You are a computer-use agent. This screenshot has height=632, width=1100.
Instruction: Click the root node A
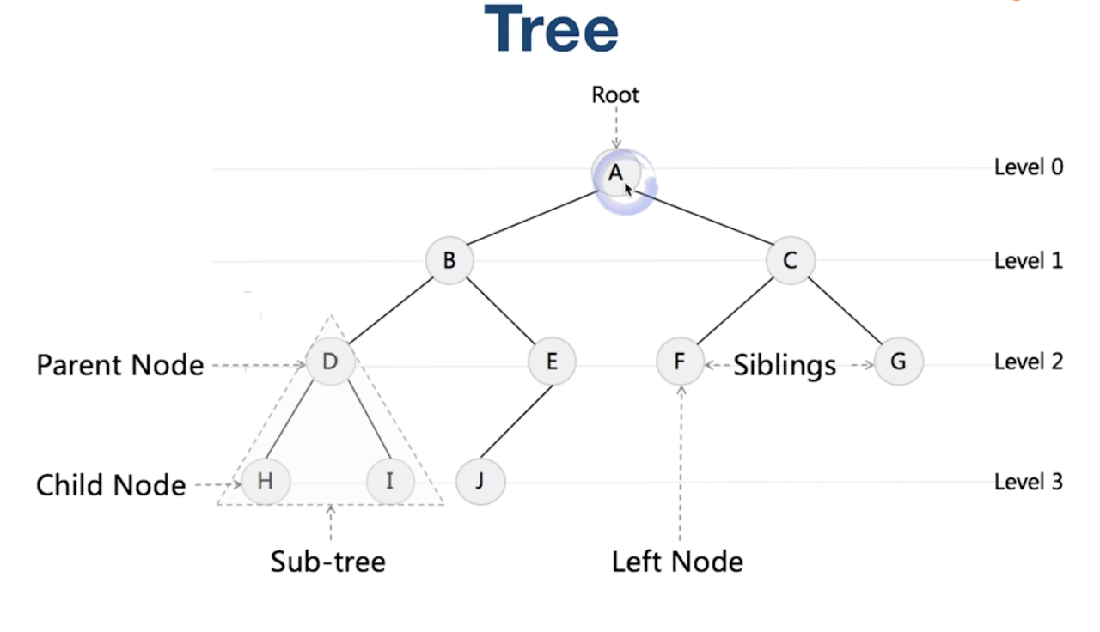615,173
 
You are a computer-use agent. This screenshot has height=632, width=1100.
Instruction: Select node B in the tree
449,260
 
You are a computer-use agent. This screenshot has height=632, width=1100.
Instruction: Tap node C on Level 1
791,260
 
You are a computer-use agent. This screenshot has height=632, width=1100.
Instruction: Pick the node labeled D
330,362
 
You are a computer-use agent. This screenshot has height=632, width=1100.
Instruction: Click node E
552,362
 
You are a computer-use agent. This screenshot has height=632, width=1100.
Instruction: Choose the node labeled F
680,362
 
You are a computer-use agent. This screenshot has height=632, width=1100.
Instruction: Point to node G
899,362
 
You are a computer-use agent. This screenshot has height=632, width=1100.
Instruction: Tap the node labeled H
266,481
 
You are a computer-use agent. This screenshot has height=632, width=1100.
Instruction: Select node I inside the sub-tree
390,481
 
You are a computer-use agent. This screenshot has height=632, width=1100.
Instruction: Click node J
480,481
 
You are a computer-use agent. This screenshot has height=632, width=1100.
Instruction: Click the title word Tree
551,30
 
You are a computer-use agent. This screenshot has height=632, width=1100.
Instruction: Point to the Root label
615,94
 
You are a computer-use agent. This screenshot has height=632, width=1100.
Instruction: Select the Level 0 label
1029,167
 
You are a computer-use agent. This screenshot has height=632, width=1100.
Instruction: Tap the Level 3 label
1029,482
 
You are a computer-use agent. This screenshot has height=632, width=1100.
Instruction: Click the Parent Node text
120,366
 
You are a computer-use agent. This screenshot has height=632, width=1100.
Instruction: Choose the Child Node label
111,485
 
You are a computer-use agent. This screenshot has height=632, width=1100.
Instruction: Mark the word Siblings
785,366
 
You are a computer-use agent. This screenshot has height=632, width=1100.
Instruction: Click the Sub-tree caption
328,562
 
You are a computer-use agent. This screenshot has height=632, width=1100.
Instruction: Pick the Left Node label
677,562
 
